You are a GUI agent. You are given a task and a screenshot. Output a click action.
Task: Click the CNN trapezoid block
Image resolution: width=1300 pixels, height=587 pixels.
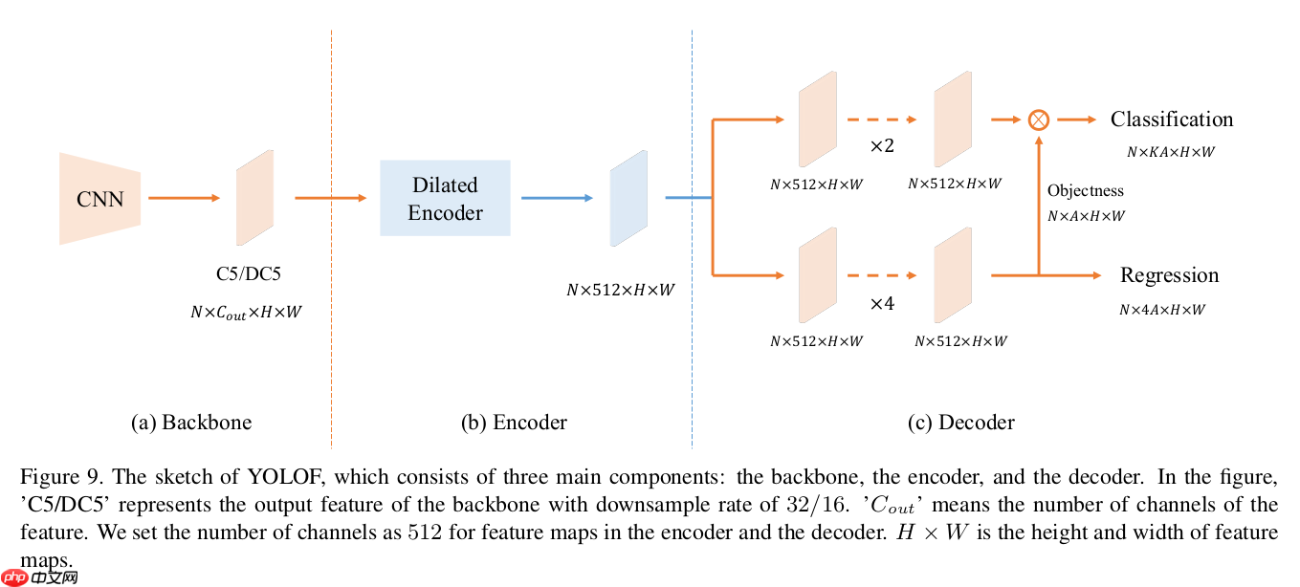(x=99, y=199)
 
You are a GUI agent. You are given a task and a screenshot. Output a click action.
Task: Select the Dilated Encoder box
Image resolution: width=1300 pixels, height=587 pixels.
(x=445, y=198)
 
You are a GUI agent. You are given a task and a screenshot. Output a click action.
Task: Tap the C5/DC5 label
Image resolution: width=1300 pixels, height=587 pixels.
(x=248, y=275)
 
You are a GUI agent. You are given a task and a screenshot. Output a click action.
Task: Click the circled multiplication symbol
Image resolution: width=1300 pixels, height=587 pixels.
(x=1038, y=120)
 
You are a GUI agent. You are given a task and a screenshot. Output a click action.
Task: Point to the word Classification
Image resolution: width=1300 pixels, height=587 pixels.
(x=1171, y=120)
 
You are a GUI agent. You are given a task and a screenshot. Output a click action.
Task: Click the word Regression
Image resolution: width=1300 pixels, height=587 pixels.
(x=1169, y=275)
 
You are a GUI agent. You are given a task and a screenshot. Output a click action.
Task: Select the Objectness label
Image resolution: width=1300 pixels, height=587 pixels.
(x=1085, y=191)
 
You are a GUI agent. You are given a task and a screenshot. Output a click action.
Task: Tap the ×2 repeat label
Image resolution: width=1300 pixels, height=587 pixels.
(x=880, y=146)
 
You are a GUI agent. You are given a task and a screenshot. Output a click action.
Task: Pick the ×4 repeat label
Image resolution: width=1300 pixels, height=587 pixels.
(x=880, y=303)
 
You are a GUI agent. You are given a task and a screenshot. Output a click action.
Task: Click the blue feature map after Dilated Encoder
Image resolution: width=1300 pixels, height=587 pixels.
(x=628, y=198)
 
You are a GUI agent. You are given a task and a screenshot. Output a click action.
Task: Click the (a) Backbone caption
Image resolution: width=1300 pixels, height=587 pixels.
(x=191, y=423)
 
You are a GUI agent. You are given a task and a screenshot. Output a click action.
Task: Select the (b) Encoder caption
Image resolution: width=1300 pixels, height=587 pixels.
(x=514, y=423)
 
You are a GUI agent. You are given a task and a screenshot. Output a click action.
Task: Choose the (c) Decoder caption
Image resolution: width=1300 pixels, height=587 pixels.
(x=960, y=423)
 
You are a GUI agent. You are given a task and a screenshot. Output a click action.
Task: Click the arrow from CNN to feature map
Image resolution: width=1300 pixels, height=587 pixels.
(x=184, y=198)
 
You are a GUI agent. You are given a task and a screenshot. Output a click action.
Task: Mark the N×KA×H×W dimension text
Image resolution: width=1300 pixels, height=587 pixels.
(x=1170, y=151)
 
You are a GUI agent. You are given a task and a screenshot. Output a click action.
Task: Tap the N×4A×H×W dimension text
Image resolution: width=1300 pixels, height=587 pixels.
(x=1162, y=310)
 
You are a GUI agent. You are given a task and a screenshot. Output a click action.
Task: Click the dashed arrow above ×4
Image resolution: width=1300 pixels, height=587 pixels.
(x=881, y=275)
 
